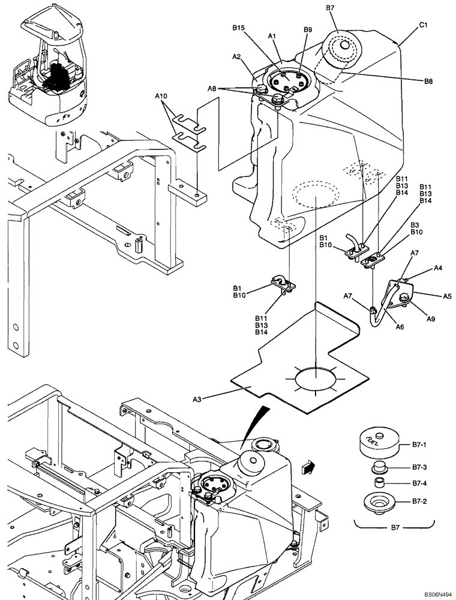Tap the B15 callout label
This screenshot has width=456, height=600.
239,28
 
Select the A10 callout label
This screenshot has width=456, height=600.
162,95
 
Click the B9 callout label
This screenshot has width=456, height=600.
308,29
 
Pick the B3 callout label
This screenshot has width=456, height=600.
415,224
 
